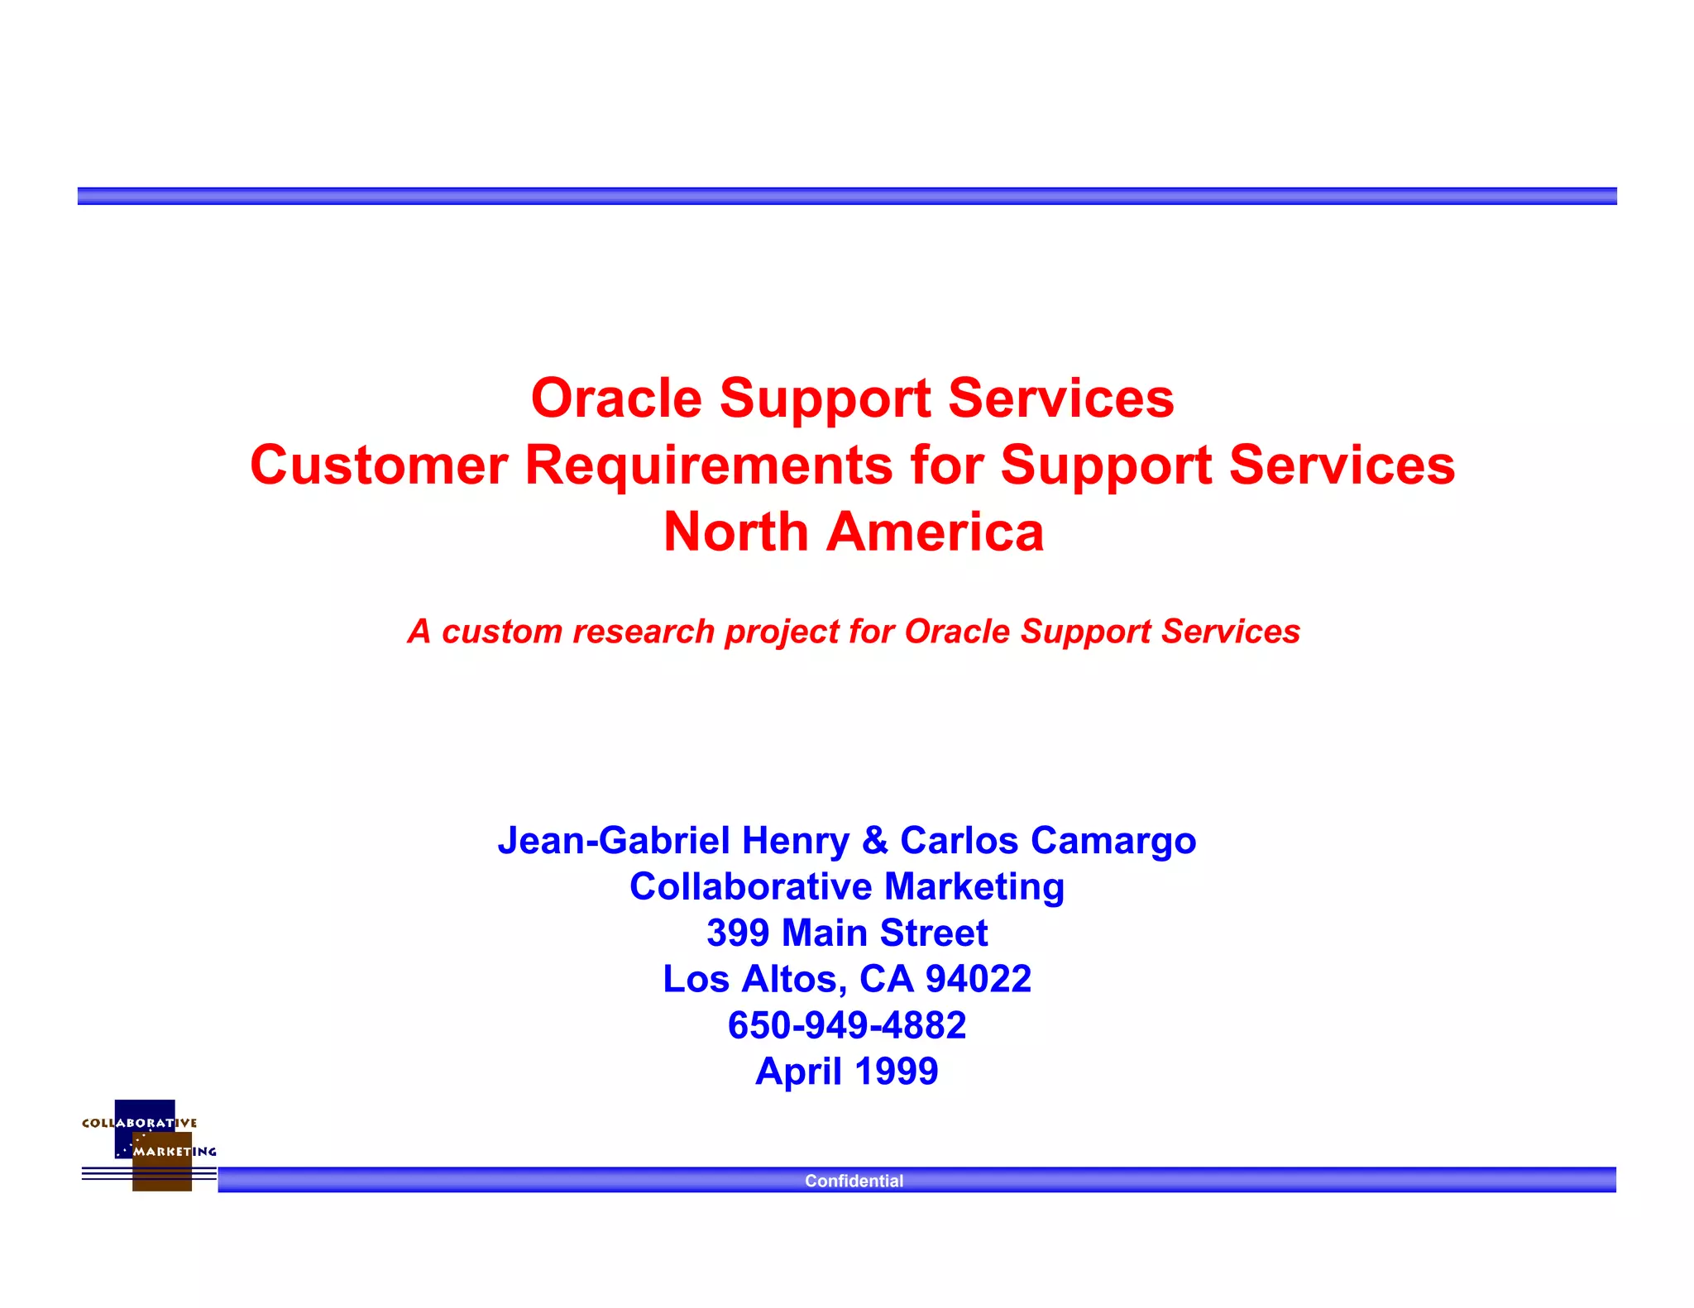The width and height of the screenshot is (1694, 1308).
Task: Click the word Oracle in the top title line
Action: [x=616, y=399]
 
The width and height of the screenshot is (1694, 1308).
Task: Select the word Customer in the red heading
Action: [x=378, y=465]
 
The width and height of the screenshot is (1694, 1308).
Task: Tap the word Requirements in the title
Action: [x=709, y=465]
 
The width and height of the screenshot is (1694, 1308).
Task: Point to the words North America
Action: [x=853, y=532]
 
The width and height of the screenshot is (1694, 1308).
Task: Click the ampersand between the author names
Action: [x=874, y=841]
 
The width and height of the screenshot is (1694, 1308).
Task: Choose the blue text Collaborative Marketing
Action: [x=847, y=887]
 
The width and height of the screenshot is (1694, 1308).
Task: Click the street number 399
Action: [x=738, y=933]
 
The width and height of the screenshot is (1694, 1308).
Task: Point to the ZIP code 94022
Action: [x=979, y=980]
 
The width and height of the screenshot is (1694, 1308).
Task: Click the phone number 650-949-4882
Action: [x=847, y=1026]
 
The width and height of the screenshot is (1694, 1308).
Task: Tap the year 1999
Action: [x=897, y=1072]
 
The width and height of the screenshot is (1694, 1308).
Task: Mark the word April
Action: [x=799, y=1072]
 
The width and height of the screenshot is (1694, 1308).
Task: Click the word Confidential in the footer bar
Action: [x=854, y=1181]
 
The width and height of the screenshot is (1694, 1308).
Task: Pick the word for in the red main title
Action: [x=947, y=465]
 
